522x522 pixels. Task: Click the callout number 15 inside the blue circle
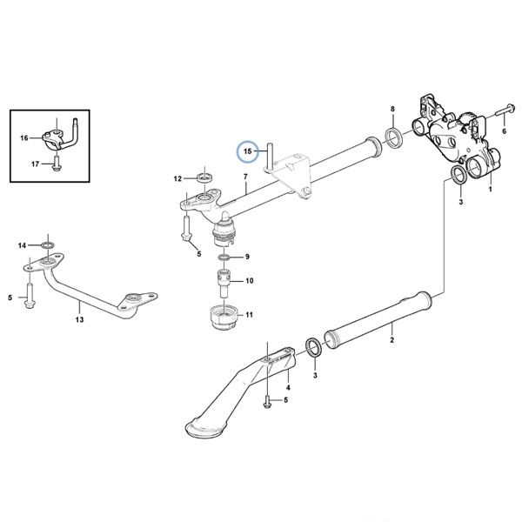(248, 151)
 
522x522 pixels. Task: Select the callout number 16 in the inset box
(24, 137)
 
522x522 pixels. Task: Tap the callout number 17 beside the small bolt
(36, 164)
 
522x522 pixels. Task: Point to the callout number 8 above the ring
(392, 109)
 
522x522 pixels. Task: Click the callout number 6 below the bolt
(504, 131)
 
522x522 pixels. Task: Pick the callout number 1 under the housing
(490, 190)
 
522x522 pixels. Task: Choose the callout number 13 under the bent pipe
(79, 319)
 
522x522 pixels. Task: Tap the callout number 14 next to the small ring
(22, 245)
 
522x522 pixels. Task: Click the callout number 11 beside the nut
(250, 315)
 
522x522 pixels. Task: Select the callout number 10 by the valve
(250, 281)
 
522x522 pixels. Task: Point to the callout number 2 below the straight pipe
(391, 340)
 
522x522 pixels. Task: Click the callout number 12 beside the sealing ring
(177, 178)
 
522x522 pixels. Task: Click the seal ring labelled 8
(394, 137)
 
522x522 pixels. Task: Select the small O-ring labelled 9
(224, 257)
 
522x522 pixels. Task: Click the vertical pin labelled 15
(270, 155)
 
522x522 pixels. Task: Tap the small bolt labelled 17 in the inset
(57, 164)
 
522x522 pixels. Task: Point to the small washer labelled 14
(48, 245)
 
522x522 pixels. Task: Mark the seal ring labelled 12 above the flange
(204, 177)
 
